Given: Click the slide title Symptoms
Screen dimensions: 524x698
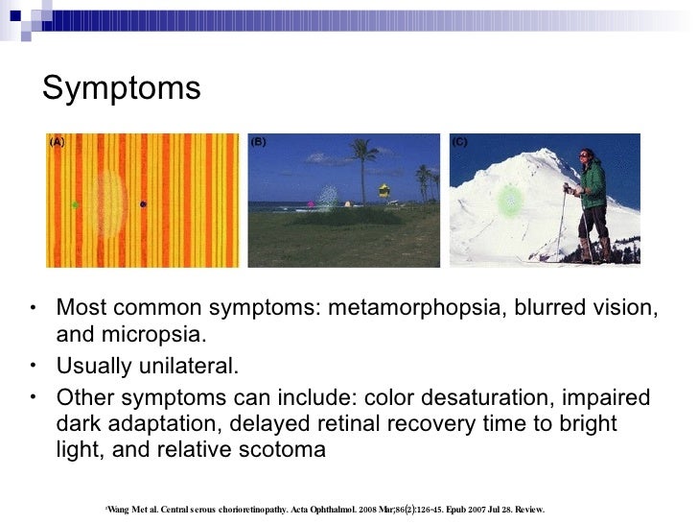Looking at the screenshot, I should [x=122, y=88].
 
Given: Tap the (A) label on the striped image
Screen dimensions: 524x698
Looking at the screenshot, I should [x=58, y=142].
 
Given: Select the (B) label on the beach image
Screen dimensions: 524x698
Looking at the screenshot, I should [x=259, y=142].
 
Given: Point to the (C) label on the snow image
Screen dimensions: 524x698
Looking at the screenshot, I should [x=460, y=142].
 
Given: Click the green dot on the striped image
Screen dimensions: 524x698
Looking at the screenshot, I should [x=75, y=204].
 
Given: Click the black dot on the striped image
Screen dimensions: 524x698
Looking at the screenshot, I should [x=143, y=203].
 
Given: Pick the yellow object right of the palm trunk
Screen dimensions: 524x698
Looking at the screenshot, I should [x=384, y=190].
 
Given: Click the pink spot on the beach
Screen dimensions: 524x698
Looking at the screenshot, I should [x=312, y=203].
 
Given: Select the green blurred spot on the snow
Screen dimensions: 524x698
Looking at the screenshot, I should [x=511, y=201].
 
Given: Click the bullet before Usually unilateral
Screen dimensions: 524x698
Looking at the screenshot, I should [x=34, y=367].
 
